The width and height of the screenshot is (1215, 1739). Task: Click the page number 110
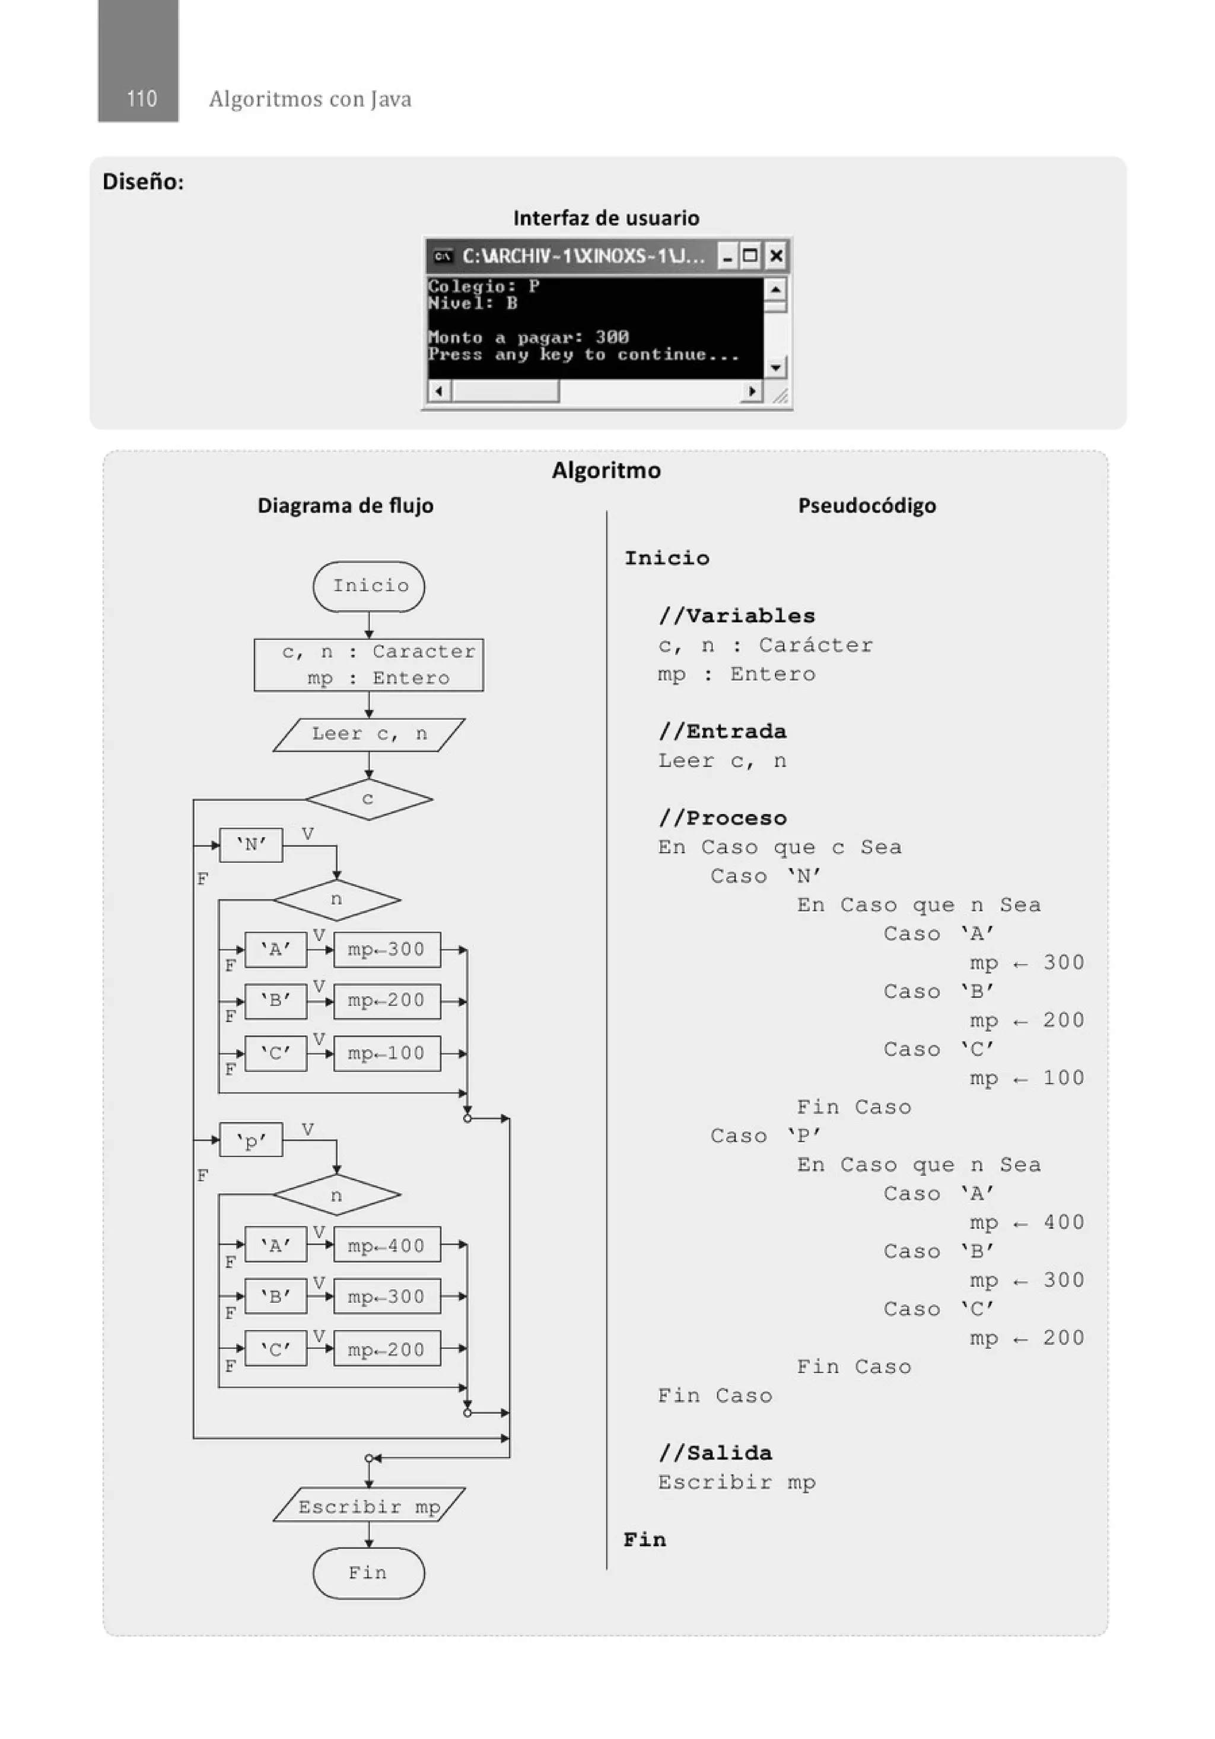point(142,99)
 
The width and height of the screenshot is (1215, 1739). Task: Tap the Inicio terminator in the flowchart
point(369,586)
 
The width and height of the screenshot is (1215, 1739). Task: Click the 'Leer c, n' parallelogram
point(369,734)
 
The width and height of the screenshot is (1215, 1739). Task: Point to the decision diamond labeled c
point(368,799)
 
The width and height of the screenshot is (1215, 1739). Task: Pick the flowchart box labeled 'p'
point(251,1140)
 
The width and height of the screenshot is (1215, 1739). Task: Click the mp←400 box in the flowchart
point(386,1245)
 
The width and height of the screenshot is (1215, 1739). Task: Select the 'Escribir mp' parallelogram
point(369,1506)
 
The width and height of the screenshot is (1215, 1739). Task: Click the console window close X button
point(775,256)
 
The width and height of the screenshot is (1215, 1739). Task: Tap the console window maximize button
point(750,256)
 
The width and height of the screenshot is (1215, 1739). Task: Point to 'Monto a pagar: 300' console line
point(528,337)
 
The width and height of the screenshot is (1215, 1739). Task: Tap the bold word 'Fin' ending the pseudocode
point(645,1540)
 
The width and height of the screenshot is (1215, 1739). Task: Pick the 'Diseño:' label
point(143,182)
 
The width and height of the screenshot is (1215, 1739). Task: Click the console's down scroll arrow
point(775,368)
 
